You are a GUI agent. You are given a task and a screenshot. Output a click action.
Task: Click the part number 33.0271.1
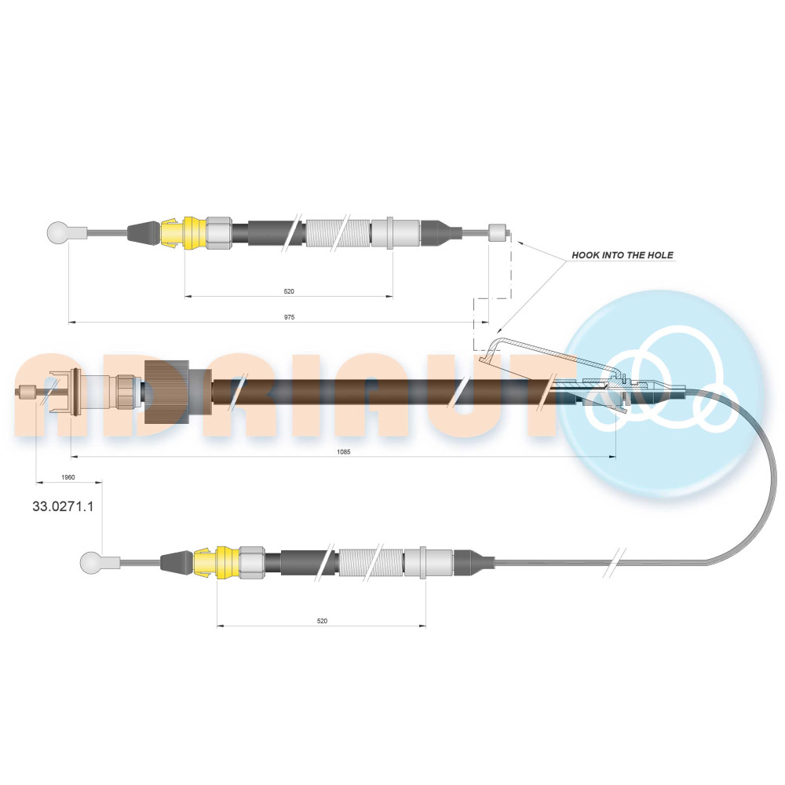[x=63, y=506]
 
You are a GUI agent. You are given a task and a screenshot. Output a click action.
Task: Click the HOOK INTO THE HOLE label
[x=623, y=255]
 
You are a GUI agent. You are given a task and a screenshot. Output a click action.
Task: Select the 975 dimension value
[x=290, y=317]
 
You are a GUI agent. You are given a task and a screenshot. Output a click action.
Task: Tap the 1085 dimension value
[x=344, y=451]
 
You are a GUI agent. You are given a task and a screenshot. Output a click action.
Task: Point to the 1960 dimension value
[x=68, y=477]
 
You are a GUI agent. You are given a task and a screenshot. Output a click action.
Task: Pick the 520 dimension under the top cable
[x=289, y=291]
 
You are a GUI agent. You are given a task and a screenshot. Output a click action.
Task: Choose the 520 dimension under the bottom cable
[x=322, y=621]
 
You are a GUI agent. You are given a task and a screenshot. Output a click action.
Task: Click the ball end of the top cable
[x=57, y=233]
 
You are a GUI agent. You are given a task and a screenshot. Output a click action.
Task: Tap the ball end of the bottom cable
[x=90, y=563]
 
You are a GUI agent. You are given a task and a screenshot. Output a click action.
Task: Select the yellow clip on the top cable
[x=184, y=233]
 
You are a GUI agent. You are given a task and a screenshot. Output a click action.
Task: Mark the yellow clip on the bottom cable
[x=217, y=563]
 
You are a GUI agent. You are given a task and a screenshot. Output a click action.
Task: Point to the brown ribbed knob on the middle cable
[x=166, y=392]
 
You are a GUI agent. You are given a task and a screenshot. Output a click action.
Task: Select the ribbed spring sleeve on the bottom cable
[x=371, y=563]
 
